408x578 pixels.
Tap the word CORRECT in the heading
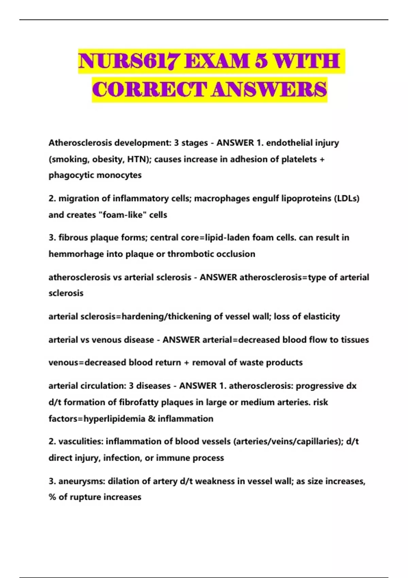click(150, 90)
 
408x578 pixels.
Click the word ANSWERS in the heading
click(269, 90)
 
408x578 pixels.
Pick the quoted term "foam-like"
click(122, 215)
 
